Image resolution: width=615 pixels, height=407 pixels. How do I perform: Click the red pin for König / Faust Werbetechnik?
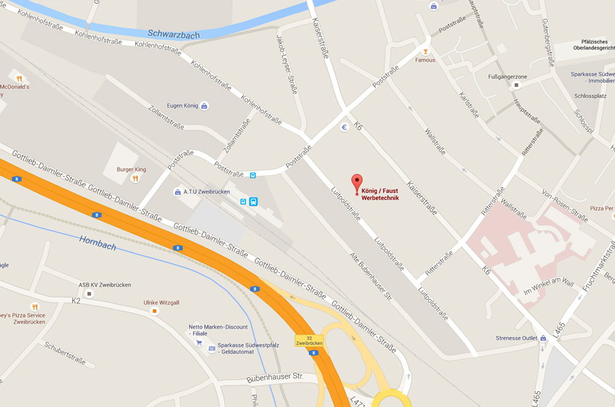click(357, 183)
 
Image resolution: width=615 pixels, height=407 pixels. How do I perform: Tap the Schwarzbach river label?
click(173, 35)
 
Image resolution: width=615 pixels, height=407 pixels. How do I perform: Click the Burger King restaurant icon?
click(135, 178)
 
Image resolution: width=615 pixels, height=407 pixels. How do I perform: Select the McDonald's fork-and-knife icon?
click(20, 78)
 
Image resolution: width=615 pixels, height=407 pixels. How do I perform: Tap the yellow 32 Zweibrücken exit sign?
click(308, 340)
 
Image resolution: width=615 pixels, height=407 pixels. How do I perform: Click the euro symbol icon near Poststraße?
click(345, 127)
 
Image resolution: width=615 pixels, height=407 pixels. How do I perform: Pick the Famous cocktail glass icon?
click(425, 51)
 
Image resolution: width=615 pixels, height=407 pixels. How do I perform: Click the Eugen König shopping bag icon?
click(204, 106)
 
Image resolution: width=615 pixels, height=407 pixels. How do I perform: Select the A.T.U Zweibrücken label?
click(206, 192)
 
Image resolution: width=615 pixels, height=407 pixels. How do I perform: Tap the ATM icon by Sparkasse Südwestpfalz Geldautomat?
click(212, 349)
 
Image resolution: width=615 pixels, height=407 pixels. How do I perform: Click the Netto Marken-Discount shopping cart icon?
click(199, 343)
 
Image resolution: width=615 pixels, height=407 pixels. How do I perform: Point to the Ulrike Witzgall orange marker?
click(154, 311)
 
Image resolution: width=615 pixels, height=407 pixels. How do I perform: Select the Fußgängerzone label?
click(507, 77)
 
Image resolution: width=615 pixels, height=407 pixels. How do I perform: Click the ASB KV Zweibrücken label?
click(105, 285)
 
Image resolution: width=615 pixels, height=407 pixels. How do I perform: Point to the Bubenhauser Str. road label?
click(275, 378)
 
